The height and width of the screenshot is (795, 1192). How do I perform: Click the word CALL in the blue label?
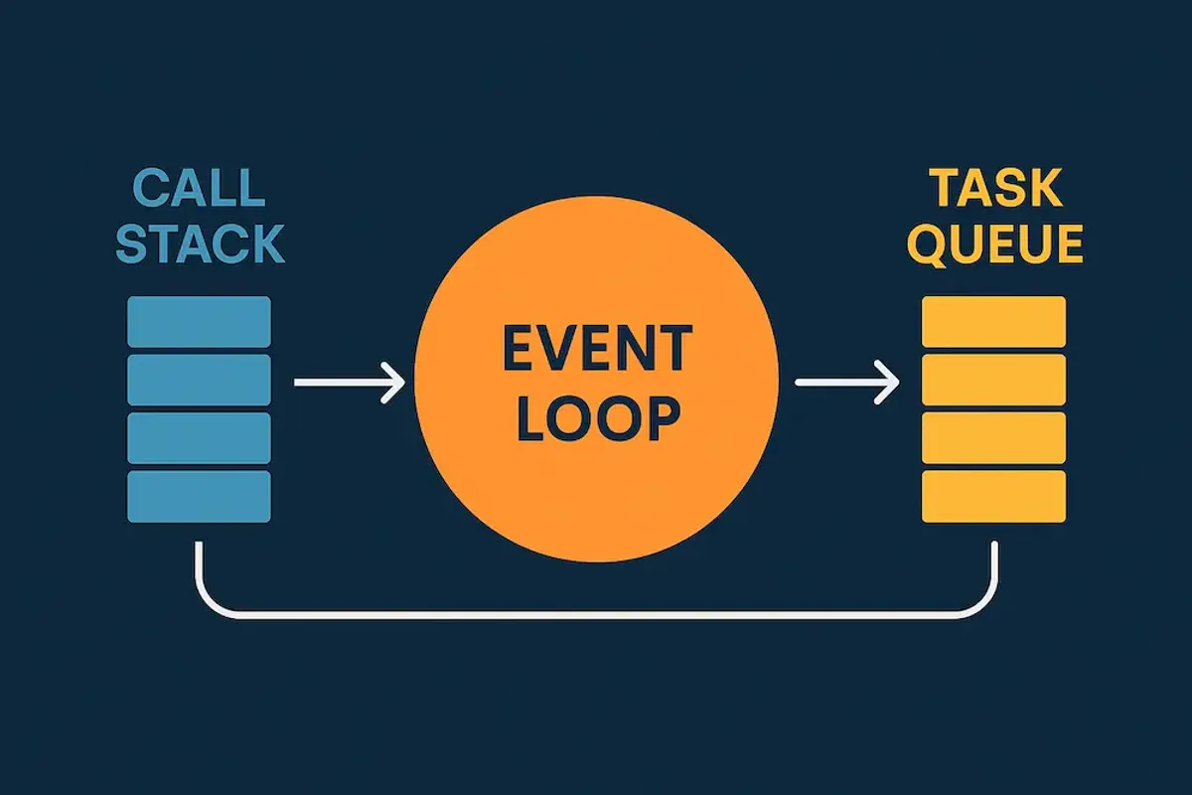point(199,188)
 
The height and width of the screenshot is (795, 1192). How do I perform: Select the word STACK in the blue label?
point(201,243)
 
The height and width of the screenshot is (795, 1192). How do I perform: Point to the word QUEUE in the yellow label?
point(995,243)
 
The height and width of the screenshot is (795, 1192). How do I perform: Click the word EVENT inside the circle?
point(596,349)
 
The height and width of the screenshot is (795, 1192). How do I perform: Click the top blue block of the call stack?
point(200,322)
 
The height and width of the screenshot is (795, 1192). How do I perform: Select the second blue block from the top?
point(200,380)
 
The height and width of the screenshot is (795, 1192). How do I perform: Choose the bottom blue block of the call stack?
point(200,496)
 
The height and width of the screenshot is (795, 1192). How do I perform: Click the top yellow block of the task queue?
point(994,322)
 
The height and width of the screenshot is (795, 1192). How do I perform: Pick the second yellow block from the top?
point(994,380)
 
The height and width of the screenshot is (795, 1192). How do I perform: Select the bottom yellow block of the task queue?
point(994,496)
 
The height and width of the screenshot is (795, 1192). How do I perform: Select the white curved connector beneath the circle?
point(596,616)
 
